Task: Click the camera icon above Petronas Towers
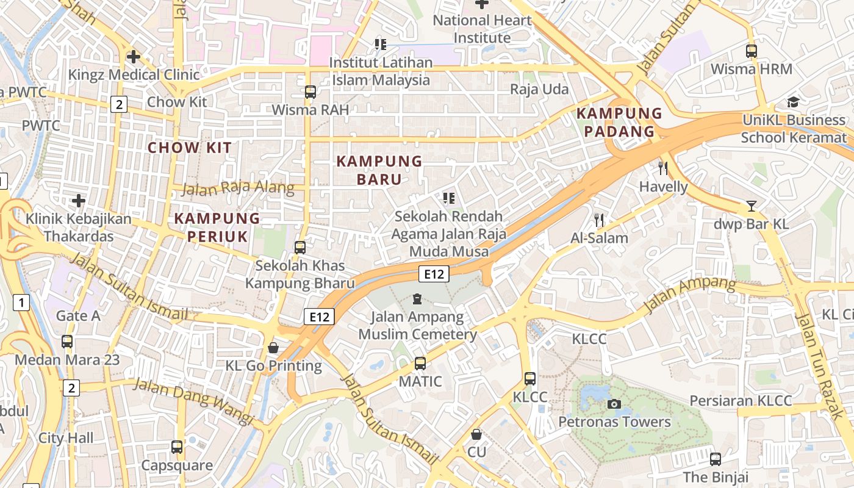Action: pyautogui.click(x=614, y=404)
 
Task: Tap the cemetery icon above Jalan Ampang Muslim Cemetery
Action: pyautogui.click(x=417, y=299)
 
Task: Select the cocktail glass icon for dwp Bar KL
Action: pyautogui.click(x=752, y=206)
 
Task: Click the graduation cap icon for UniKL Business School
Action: pyautogui.click(x=793, y=102)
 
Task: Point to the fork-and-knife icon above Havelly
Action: pyautogui.click(x=663, y=168)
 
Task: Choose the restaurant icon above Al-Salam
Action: pyautogui.click(x=599, y=220)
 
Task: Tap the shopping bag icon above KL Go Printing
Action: pyautogui.click(x=273, y=348)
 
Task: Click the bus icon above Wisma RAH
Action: pyautogui.click(x=310, y=92)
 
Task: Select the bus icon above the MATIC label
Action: pyautogui.click(x=420, y=364)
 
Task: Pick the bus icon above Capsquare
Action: pyautogui.click(x=177, y=447)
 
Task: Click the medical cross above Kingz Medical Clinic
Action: pyautogui.click(x=133, y=57)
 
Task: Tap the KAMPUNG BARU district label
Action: pyautogui.click(x=379, y=170)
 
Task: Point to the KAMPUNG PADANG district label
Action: pyautogui.click(x=619, y=122)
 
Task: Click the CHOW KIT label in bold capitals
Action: pyautogui.click(x=190, y=147)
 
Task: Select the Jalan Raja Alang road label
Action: pyautogui.click(x=238, y=188)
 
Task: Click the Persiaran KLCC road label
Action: pyautogui.click(x=741, y=401)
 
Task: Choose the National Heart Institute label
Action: pyautogui.click(x=482, y=29)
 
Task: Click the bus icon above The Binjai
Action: pyautogui.click(x=716, y=459)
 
